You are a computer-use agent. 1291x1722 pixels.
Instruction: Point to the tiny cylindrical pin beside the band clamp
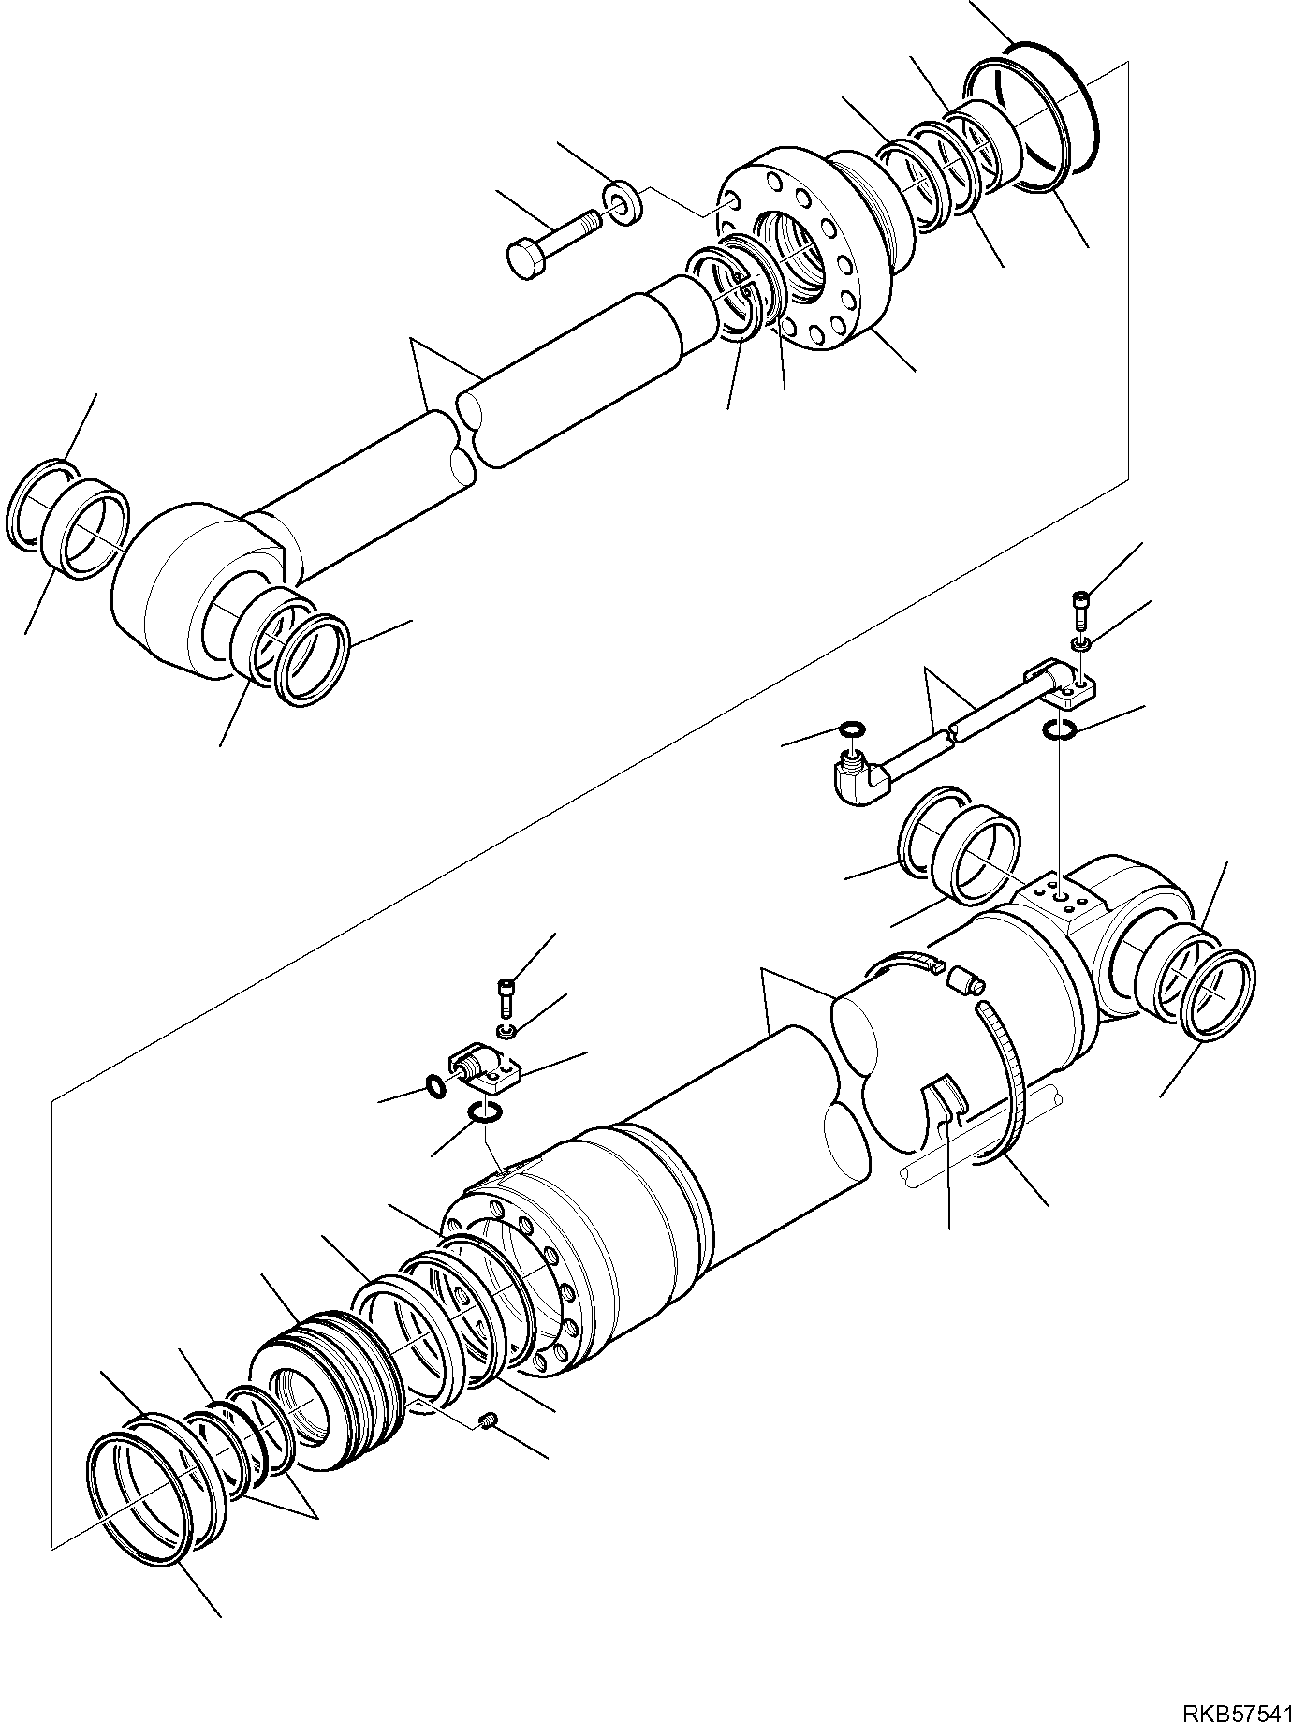click(x=965, y=981)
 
